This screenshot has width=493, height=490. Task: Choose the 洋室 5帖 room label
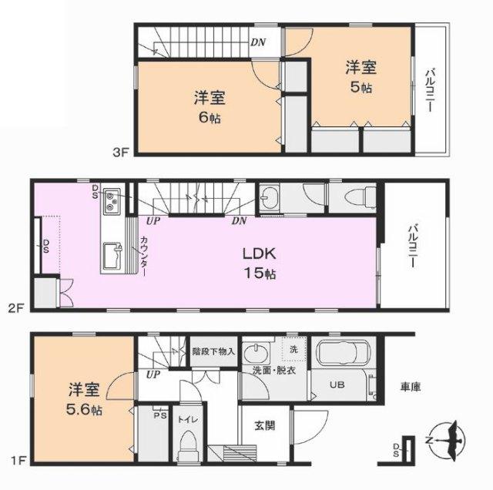(x=360, y=77)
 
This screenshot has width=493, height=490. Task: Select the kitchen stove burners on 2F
(x=111, y=201)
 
